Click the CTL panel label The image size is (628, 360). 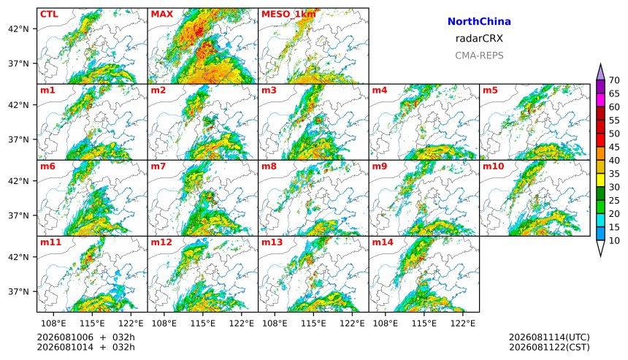[x=49, y=15]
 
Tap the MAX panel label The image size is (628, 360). [x=162, y=15]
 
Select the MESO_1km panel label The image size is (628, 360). [x=288, y=15]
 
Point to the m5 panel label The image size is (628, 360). [x=490, y=90]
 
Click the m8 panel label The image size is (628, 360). [x=269, y=166]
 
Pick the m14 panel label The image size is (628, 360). [x=383, y=242]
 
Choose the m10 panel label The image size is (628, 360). [x=493, y=166]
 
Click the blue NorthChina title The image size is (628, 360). [x=479, y=22]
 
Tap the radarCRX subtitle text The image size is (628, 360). [x=479, y=39]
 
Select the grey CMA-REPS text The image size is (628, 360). [x=479, y=55]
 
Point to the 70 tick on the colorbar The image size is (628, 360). [x=614, y=80]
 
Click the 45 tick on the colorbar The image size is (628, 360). [x=614, y=148]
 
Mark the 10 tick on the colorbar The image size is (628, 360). [x=614, y=241]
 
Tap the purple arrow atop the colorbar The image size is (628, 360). [x=600, y=72]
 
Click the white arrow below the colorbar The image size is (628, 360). [x=600, y=248]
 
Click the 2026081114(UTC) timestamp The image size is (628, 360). [x=549, y=337]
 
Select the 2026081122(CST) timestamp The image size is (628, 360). [x=549, y=347]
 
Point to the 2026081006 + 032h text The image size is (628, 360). [x=85, y=337]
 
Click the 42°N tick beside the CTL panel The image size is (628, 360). [x=19, y=28]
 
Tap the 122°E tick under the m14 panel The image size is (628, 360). [x=463, y=323]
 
